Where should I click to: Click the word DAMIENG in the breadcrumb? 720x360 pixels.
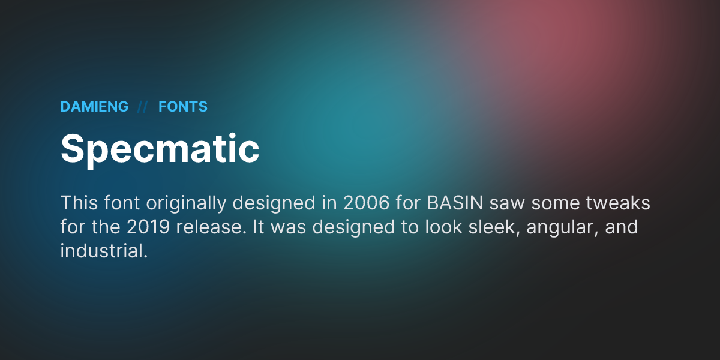coord(94,107)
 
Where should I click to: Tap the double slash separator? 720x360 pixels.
coord(143,107)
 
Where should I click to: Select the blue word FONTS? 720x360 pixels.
coord(183,107)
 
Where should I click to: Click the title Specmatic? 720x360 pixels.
coord(160,148)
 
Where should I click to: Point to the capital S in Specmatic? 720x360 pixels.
coord(72,148)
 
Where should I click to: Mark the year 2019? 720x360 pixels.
coord(149,228)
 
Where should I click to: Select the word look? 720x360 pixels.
coord(437,228)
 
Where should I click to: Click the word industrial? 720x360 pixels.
coord(103,251)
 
